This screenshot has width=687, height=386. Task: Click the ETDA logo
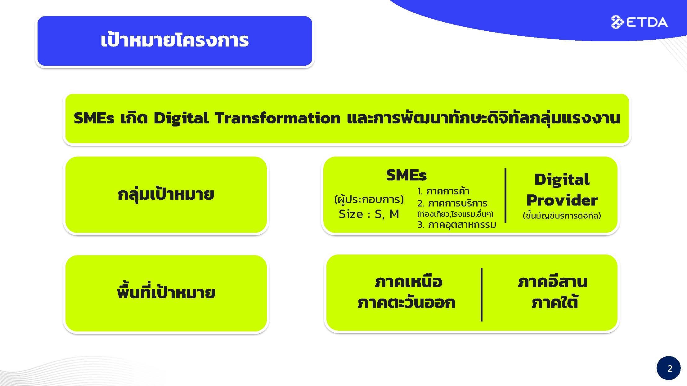tap(639, 22)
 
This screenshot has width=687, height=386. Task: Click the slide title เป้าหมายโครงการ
tap(175, 40)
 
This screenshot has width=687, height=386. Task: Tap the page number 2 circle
tap(669, 368)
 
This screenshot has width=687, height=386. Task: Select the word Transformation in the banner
tap(278, 118)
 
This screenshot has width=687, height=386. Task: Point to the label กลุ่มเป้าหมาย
tap(166, 195)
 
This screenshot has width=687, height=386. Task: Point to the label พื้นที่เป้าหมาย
tap(166, 292)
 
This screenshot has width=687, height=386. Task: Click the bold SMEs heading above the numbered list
tap(406, 175)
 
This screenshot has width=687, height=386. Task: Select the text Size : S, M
tap(369, 214)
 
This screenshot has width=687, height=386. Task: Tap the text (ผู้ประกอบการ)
tap(369, 199)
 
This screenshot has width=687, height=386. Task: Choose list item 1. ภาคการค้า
tap(443, 191)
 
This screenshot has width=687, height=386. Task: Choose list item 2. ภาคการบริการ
tap(452, 203)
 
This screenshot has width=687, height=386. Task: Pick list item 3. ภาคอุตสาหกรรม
tap(456, 225)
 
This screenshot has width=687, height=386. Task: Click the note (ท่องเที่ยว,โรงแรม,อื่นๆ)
tap(455, 214)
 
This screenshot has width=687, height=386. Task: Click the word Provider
tap(562, 200)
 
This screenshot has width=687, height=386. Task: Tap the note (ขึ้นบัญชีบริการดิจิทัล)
tap(562, 215)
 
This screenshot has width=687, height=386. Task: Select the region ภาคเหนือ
tap(408, 282)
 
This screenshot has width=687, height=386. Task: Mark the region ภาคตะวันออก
tap(406, 302)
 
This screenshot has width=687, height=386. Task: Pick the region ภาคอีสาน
tap(553, 282)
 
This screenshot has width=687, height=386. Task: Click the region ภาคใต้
tap(555, 302)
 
